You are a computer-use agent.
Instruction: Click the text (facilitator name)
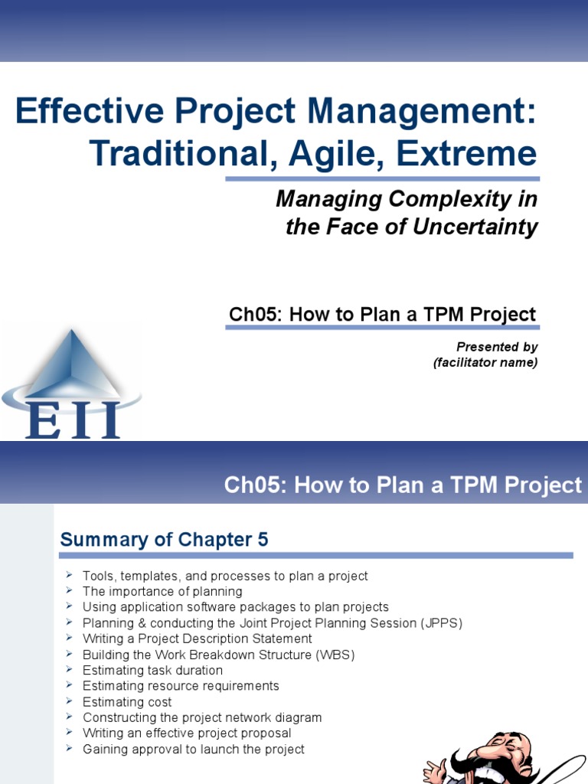click(x=485, y=363)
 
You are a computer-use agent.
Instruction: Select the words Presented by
click(x=497, y=347)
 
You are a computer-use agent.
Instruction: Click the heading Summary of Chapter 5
click(x=165, y=540)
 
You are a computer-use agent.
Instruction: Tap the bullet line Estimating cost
click(x=127, y=702)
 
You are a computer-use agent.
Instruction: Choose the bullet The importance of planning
click(x=162, y=591)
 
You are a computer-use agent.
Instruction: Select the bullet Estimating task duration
click(x=152, y=671)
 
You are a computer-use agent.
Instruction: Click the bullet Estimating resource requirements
click(x=181, y=686)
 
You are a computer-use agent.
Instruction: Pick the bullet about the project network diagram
click(x=202, y=717)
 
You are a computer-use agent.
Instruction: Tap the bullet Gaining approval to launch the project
click(x=193, y=750)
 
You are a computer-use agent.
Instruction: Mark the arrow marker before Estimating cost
click(x=68, y=701)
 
